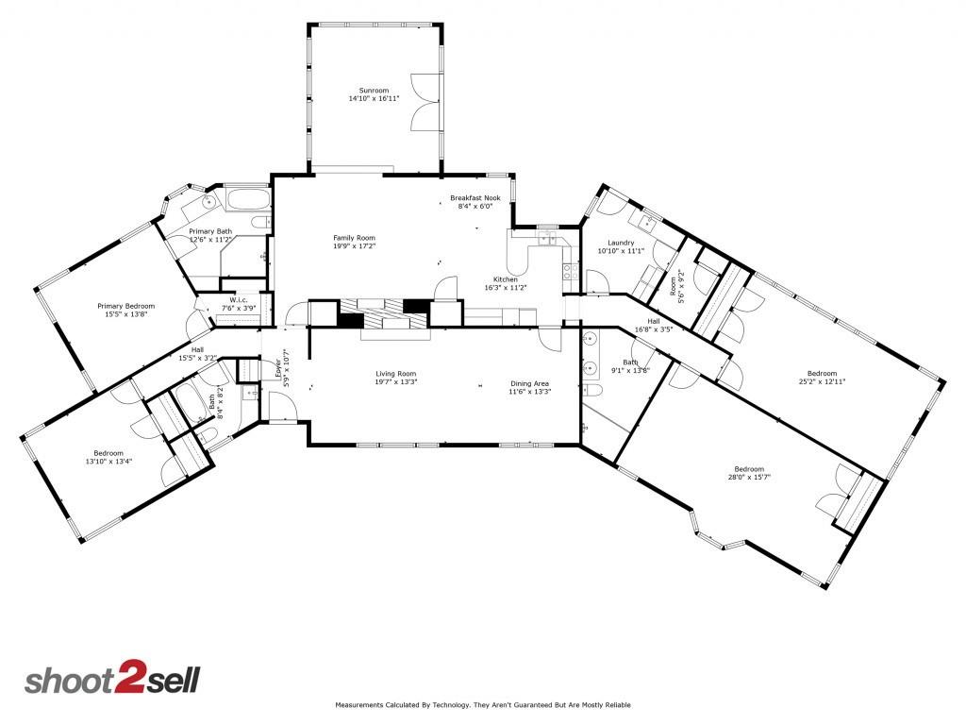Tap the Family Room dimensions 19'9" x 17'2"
[354, 245]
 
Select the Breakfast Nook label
[475, 197]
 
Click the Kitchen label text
[506, 279]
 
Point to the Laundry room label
[620, 244]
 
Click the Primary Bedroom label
[125, 306]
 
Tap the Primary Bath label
[209, 231]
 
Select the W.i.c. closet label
[237, 300]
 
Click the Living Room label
[395, 374]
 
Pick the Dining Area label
[529, 383]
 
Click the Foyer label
[278, 366]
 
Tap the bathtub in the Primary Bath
[247, 199]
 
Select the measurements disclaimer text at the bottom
[482, 705]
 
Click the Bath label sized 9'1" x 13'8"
[631, 362]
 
